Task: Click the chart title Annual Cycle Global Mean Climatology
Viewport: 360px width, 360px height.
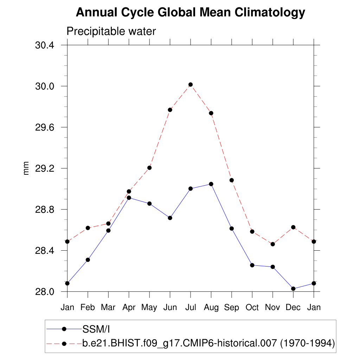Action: (x=190, y=12)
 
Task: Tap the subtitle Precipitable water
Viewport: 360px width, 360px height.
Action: (x=111, y=31)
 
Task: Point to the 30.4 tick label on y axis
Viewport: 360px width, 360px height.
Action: (x=45, y=45)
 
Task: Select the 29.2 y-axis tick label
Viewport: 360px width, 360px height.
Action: (x=45, y=168)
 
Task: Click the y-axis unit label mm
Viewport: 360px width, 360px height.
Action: (x=26, y=168)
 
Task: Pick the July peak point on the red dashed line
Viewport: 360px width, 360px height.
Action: (x=191, y=84)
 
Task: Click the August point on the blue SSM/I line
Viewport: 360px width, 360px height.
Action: (x=211, y=184)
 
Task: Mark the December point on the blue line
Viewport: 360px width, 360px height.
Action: (x=293, y=289)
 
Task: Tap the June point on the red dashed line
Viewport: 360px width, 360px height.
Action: (x=170, y=110)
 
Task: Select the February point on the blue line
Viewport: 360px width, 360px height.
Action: (x=88, y=260)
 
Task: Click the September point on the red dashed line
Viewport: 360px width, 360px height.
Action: (x=232, y=180)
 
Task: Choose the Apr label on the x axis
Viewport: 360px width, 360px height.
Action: (x=129, y=308)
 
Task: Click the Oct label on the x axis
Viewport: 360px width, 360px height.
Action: (x=252, y=308)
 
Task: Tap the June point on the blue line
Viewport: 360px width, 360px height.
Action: (x=170, y=218)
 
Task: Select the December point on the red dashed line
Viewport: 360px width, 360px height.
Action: (x=293, y=227)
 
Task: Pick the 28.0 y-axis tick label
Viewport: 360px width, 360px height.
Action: (x=45, y=292)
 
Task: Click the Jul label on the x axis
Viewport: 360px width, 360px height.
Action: (x=191, y=308)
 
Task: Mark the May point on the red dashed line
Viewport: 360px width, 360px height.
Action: (x=149, y=168)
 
